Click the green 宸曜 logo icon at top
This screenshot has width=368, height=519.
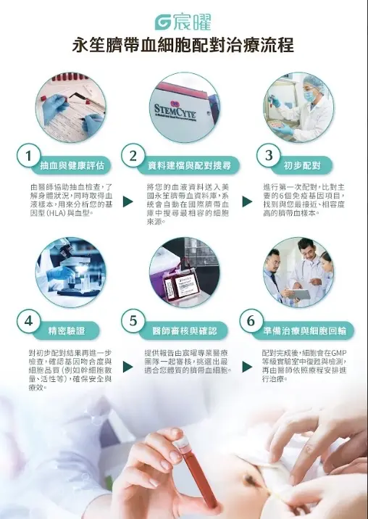[163, 22]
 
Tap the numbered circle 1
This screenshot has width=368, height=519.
[29, 156]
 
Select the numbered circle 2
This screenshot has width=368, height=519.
[133, 156]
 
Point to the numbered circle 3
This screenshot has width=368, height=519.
[269, 155]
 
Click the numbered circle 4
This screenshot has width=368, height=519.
[29, 320]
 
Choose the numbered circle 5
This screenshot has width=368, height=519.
[133, 320]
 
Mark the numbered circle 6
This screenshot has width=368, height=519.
[251, 320]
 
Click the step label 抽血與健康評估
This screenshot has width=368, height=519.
[72, 165]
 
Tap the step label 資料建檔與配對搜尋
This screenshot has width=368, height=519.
[189, 165]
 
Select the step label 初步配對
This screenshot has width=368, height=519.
[302, 165]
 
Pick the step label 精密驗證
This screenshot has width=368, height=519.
[67, 331]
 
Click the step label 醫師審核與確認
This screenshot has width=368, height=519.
[185, 331]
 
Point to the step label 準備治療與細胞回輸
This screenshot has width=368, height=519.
[305, 331]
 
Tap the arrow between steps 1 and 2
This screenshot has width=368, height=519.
[127, 202]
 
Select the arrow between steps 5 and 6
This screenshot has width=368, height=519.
[247, 367]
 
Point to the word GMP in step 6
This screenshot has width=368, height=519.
[338, 352]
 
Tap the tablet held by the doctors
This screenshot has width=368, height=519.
[299, 294]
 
